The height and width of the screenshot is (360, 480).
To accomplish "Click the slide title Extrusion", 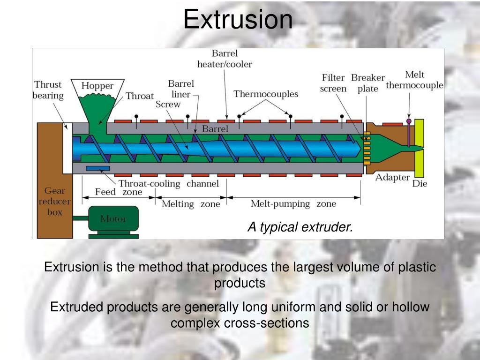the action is point(238,19).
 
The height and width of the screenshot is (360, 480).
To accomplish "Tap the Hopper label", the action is point(97,86).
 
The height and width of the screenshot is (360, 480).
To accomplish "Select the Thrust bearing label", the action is point(48,90).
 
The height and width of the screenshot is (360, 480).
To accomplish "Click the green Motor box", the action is point(113,218).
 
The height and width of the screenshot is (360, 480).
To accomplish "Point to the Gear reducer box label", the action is point(54,202).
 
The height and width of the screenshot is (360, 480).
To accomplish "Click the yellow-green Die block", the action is point(419,148).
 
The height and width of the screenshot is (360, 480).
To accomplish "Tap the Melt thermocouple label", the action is point(414,80).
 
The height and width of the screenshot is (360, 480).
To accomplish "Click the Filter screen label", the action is point(333,83).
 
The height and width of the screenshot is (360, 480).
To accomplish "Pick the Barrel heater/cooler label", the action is point(225,59).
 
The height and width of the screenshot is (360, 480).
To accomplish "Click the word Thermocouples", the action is point(266,94).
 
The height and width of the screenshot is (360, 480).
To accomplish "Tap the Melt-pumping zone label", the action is point(293,204).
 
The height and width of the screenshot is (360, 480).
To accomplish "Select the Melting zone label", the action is point(191,204).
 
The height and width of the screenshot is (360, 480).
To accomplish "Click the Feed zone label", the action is point(119,192).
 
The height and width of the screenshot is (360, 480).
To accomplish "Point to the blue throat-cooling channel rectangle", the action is point(98,168).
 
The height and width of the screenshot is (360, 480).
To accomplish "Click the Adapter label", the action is point(392,178).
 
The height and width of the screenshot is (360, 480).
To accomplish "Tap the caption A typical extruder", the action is point(300,227).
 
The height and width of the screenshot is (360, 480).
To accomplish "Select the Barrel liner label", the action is point(180,89).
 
